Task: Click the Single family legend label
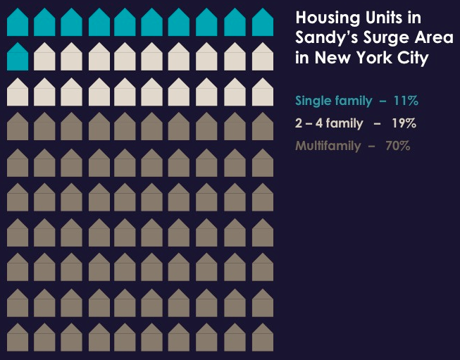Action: [x=333, y=101]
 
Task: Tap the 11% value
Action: [x=406, y=101]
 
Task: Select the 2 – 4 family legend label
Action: [x=329, y=124]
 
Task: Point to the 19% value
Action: [x=404, y=124]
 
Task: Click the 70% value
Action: [x=397, y=147]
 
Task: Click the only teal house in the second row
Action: [x=18, y=57]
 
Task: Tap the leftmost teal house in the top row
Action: [x=18, y=23]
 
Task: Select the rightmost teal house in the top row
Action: [x=262, y=23]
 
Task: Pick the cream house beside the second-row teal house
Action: [x=44, y=57]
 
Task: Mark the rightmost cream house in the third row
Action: [x=262, y=92]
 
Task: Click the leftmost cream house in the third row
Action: [x=18, y=92]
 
